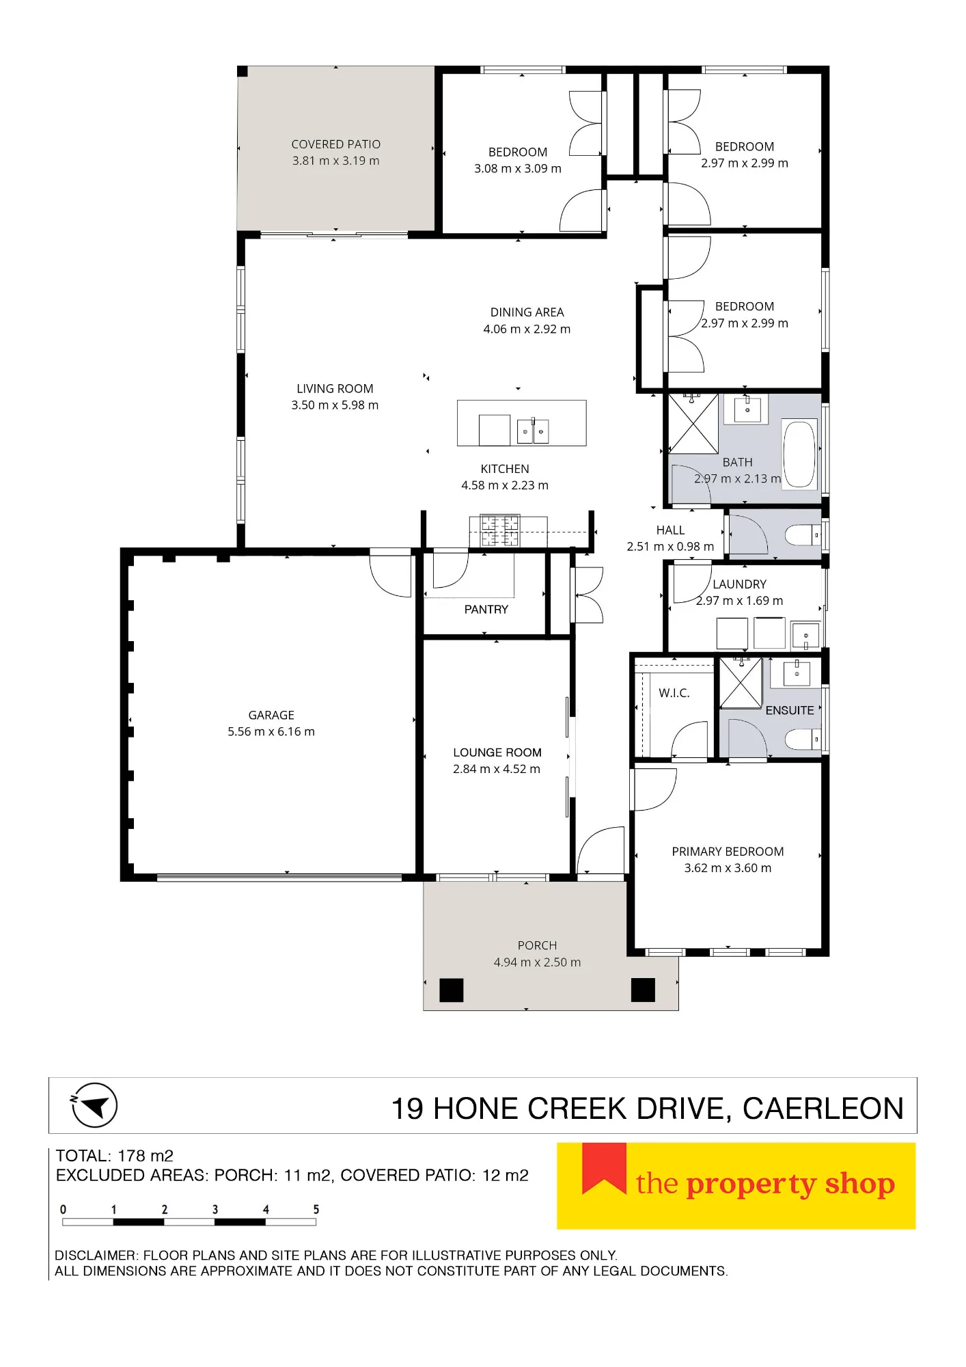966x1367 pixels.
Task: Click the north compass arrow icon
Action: [x=95, y=1105]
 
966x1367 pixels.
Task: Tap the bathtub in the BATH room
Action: [x=799, y=454]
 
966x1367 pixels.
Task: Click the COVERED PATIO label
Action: [x=336, y=144]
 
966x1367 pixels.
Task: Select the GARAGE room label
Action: [x=271, y=715]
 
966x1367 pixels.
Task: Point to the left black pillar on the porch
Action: [x=451, y=990]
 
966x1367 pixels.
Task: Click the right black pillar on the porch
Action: [x=643, y=990]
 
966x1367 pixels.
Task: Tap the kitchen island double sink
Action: [x=533, y=431]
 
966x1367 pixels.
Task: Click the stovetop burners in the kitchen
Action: [x=500, y=531]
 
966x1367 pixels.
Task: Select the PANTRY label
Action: [x=486, y=609]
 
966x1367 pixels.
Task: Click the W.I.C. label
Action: [x=674, y=693]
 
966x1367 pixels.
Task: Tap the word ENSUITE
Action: [x=790, y=710]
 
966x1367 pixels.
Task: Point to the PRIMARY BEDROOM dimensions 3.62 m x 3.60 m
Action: [x=728, y=868]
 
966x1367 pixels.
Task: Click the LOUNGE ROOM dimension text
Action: [x=497, y=769]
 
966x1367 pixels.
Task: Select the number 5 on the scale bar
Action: [x=316, y=1209]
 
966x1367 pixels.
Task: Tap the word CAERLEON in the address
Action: [x=823, y=1109]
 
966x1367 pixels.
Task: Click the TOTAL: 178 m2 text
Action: [x=115, y=1156]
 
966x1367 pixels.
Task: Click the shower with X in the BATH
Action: [x=693, y=424]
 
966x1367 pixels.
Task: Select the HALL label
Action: [x=670, y=530]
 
